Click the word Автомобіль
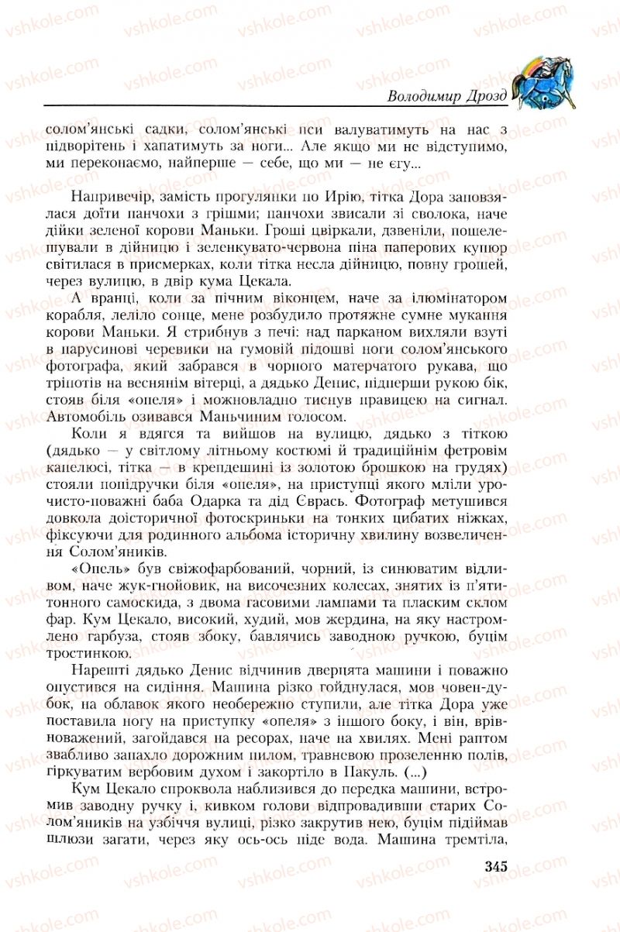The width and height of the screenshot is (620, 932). pyautogui.click(x=83, y=417)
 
